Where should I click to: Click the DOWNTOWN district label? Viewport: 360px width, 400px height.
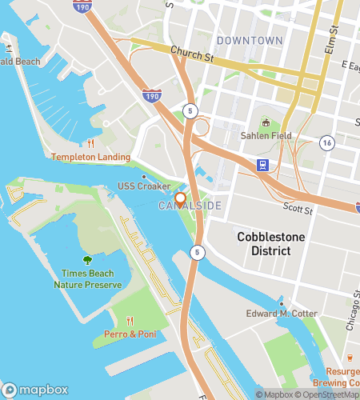pyautogui.click(x=250, y=40)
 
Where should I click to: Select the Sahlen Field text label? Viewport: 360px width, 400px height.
pyautogui.click(x=266, y=136)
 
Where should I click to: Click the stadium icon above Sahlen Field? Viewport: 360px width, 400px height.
pyautogui.click(x=266, y=122)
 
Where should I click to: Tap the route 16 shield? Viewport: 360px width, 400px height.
pyautogui.click(x=326, y=142)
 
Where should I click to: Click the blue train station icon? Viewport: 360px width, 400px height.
pyautogui.click(x=262, y=166)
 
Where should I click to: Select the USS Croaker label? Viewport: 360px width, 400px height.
pyautogui.click(x=144, y=187)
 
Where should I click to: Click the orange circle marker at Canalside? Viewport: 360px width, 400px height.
pyautogui.click(x=180, y=198)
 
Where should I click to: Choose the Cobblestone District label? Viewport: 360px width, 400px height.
pyautogui.click(x=264, y=244)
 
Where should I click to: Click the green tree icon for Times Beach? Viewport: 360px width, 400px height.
pyautogui.click(x=87, y=260)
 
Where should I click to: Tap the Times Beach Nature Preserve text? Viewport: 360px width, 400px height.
pyautogui.click(x=87, y=279)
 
